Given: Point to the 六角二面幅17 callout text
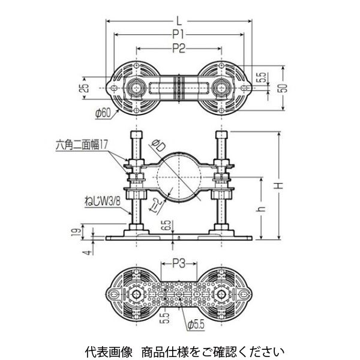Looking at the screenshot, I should (82, 143).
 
